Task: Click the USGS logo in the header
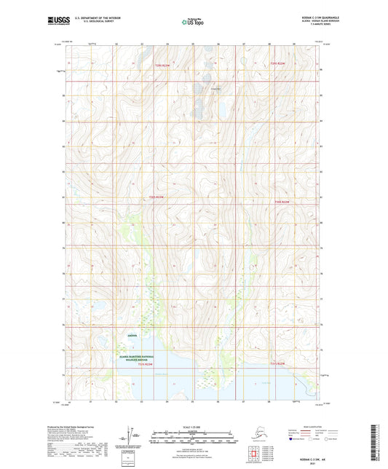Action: point(57,22)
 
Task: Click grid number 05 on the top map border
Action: point(193,44)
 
